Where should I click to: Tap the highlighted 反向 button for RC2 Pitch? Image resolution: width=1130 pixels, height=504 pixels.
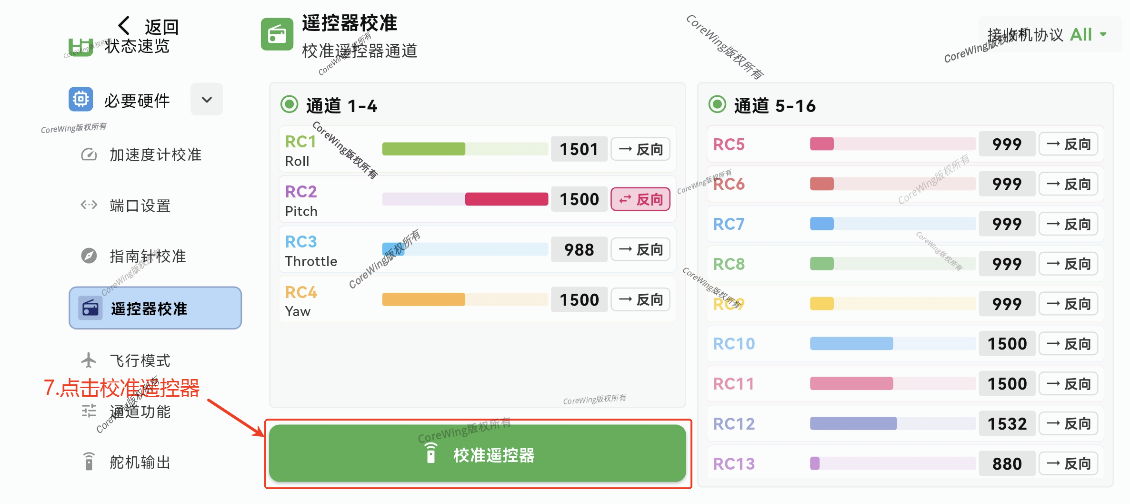[x=640, y=199]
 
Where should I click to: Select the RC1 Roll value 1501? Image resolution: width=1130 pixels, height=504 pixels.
[x=579, y=149]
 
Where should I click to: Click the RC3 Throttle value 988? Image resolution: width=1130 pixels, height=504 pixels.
[x=579, y=249]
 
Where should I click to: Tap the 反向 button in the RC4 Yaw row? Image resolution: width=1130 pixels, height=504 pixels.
[x=640, y=299]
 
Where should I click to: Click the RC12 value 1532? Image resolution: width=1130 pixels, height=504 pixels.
[x=1007, y=423]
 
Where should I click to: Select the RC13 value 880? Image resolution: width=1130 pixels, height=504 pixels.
[x=1007, y=463]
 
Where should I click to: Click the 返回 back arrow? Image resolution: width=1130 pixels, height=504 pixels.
[x=124, y=26]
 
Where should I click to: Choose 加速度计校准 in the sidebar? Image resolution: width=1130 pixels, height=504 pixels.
[x=155, y=154]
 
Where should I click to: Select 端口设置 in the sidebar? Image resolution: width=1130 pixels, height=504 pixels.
[x=140, y=206]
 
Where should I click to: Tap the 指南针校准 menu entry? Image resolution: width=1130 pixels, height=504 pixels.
[x=147, y=256]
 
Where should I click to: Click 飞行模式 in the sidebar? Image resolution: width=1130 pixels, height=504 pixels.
[x=140, y=360]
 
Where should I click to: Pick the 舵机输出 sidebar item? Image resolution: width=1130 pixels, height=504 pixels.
[x=140, y=462]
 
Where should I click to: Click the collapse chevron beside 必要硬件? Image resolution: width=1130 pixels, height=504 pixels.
[x=207, y=100]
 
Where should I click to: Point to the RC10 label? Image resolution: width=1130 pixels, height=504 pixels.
[x=734, y=344]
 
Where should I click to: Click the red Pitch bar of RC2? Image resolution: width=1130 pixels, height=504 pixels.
[x=506, y=199]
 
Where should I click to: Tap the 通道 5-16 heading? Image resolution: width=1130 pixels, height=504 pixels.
[x=774, y=105]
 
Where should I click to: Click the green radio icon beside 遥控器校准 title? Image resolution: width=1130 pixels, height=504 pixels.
[x=277, y=34]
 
